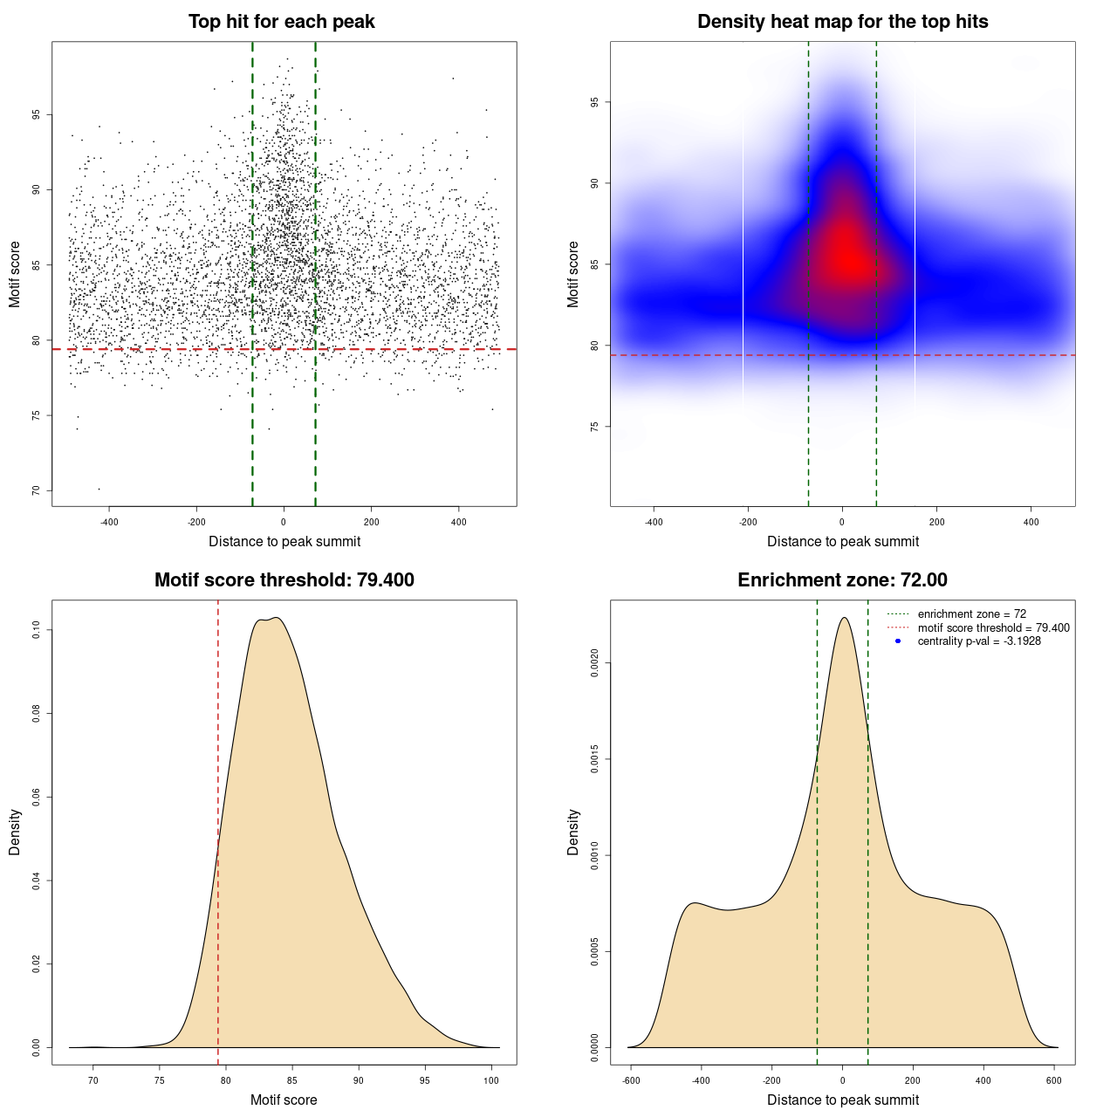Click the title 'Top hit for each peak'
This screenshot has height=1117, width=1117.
point(282,22)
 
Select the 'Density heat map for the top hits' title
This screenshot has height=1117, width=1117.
point(842,22)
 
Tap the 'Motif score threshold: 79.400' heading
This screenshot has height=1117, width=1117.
point(284,580)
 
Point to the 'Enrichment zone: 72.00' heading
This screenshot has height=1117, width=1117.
point(842,580)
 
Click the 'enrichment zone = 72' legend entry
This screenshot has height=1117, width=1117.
point(971,614)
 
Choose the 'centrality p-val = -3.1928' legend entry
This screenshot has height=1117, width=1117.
point(979,641)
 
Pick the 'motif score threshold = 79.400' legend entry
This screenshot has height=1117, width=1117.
point(993,628)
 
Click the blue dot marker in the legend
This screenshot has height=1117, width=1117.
point(898,641)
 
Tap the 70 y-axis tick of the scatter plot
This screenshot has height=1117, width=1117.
point(36,490)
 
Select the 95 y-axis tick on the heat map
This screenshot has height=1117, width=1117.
point(594,102)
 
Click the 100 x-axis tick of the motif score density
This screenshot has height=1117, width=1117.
point(491,1080)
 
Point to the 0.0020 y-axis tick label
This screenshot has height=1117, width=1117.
point(594,663)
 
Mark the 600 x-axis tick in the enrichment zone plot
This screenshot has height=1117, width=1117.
point(1054,1080)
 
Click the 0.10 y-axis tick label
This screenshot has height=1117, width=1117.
point(36,630)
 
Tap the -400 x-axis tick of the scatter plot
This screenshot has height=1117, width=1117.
point(109,522)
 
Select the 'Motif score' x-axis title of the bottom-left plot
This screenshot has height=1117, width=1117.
point(284,1100)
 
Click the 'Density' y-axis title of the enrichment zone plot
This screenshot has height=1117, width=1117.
point(573,833)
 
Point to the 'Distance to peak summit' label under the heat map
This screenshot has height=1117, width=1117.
point(842,541)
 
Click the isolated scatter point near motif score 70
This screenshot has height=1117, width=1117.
point(99,489)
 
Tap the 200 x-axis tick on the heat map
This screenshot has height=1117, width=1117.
point(936,522)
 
